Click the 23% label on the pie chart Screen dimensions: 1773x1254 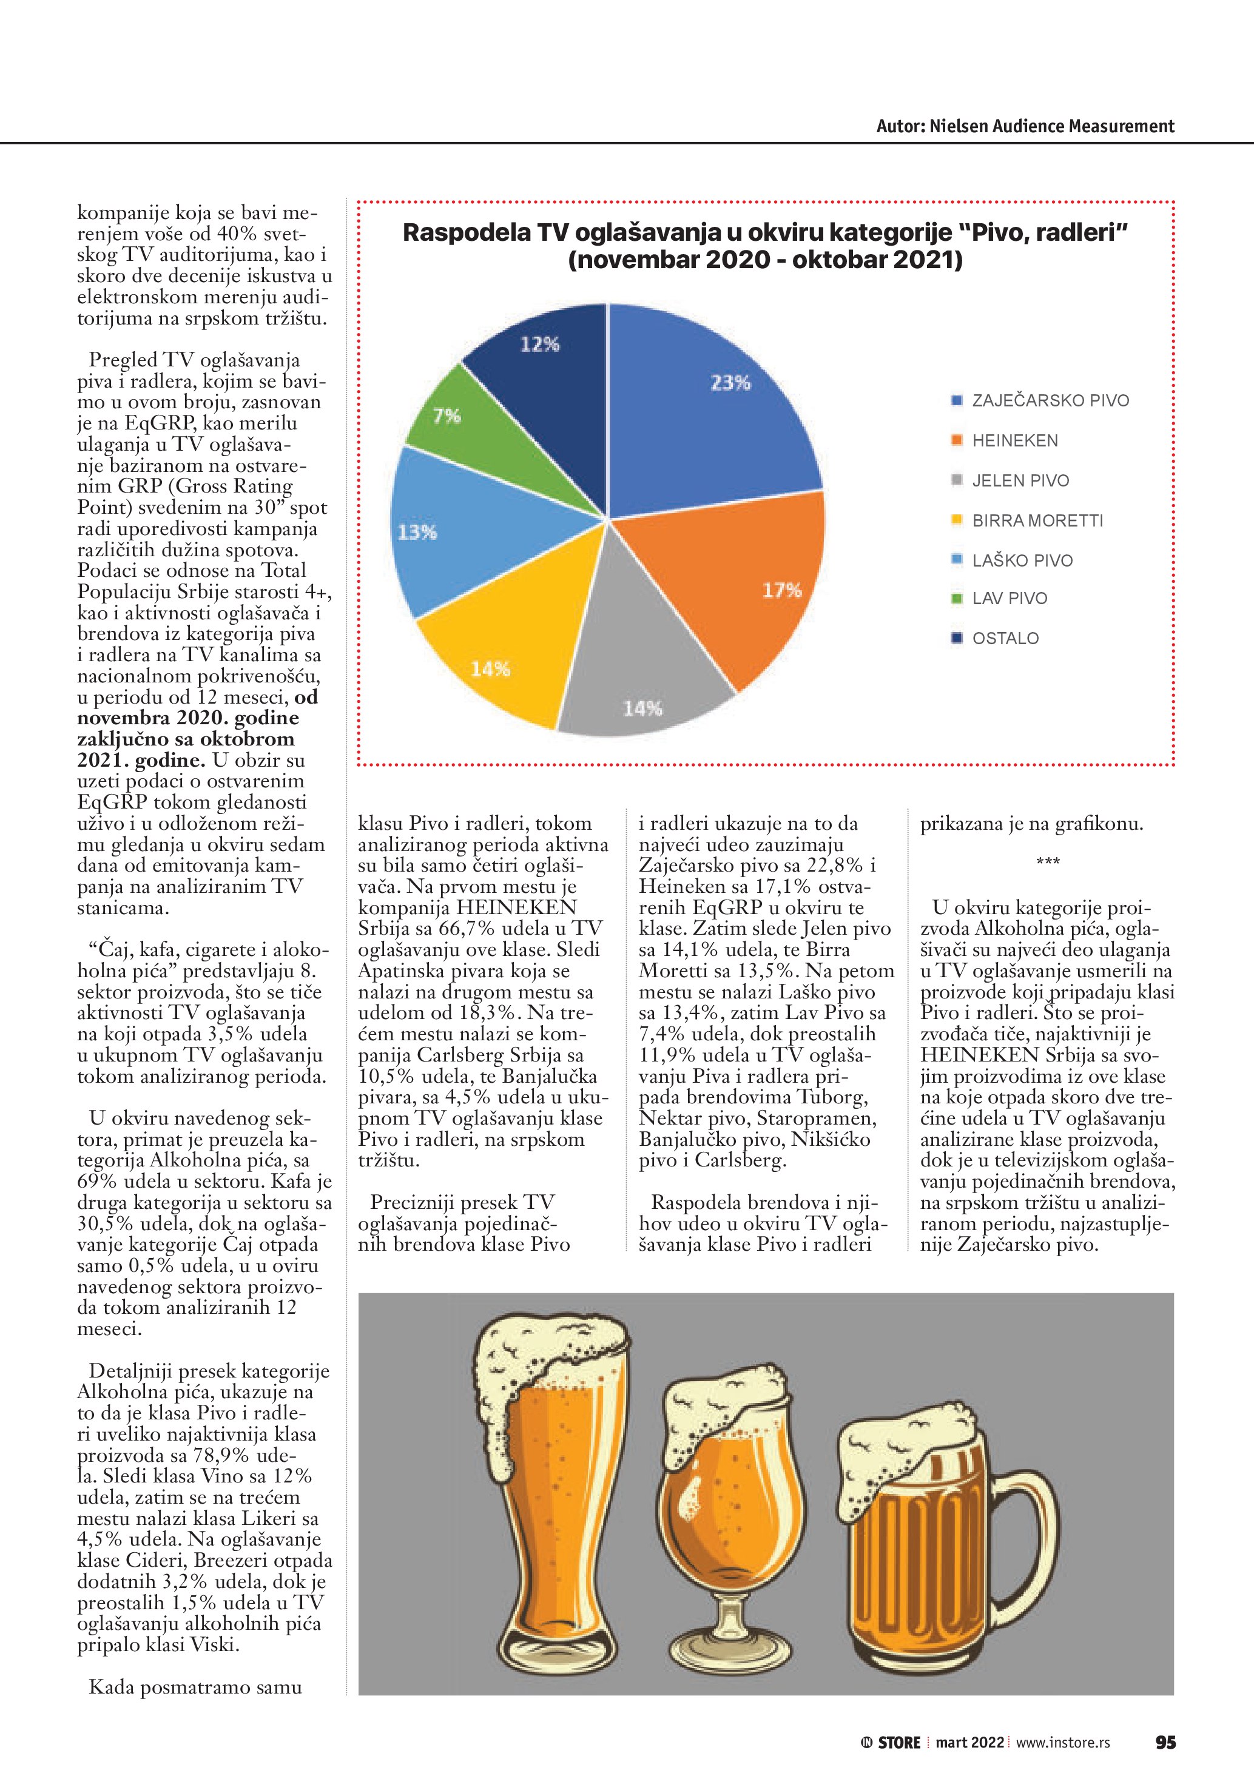(730, 383)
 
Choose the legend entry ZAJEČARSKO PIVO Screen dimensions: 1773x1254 (1050, 401)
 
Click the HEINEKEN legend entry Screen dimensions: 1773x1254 (1014, 441)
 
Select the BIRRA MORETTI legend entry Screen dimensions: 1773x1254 (1037, 520)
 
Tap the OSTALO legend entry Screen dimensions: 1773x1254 (1005, 639)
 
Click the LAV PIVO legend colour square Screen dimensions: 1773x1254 (957, 599)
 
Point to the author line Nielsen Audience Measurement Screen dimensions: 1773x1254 (1025, 127)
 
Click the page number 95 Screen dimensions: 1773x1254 (1165, 1742)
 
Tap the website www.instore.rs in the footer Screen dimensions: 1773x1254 (1062, 1742)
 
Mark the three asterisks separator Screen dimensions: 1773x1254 (1047, 861)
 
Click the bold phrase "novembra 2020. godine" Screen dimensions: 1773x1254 (187, 718)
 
